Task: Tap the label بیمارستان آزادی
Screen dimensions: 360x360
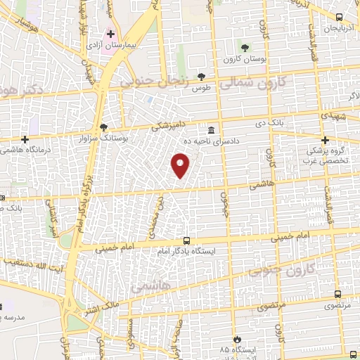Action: pyautogui.click(x=121, y=44)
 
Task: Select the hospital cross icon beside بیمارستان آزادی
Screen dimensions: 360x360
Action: pyautogui.click(x=110, y=33)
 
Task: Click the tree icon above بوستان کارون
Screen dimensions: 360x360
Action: pyautogui.click(x=244, y=48)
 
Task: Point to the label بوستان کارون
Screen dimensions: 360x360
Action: pyautogui.click(x=243, y=58)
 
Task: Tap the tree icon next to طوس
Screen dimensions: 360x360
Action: pyautogui.click(x=202, y=77)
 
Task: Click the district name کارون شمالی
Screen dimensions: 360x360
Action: pyautogui.click(x=254, y=84)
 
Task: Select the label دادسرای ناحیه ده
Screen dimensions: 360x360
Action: pyautogui.click(x=212, y=141)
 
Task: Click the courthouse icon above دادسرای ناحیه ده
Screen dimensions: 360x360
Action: pyautogui.click(x=212, y=131)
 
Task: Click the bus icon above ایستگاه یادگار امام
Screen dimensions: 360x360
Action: pyautogui.click(x=186, y=239)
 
